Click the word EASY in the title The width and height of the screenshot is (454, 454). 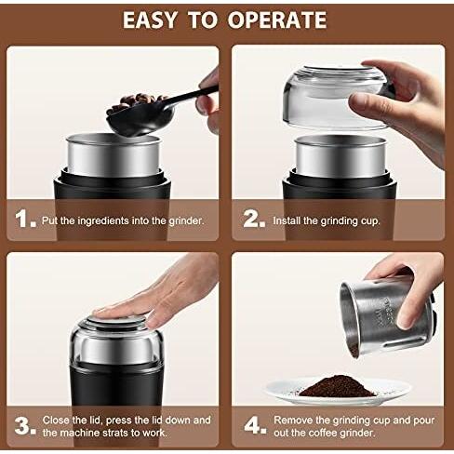150,20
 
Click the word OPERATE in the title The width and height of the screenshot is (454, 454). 277,20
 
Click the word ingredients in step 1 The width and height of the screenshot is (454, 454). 102,220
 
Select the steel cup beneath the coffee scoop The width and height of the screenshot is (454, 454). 113,155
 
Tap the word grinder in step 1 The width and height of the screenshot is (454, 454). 186,221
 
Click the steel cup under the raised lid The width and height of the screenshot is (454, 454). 340,156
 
